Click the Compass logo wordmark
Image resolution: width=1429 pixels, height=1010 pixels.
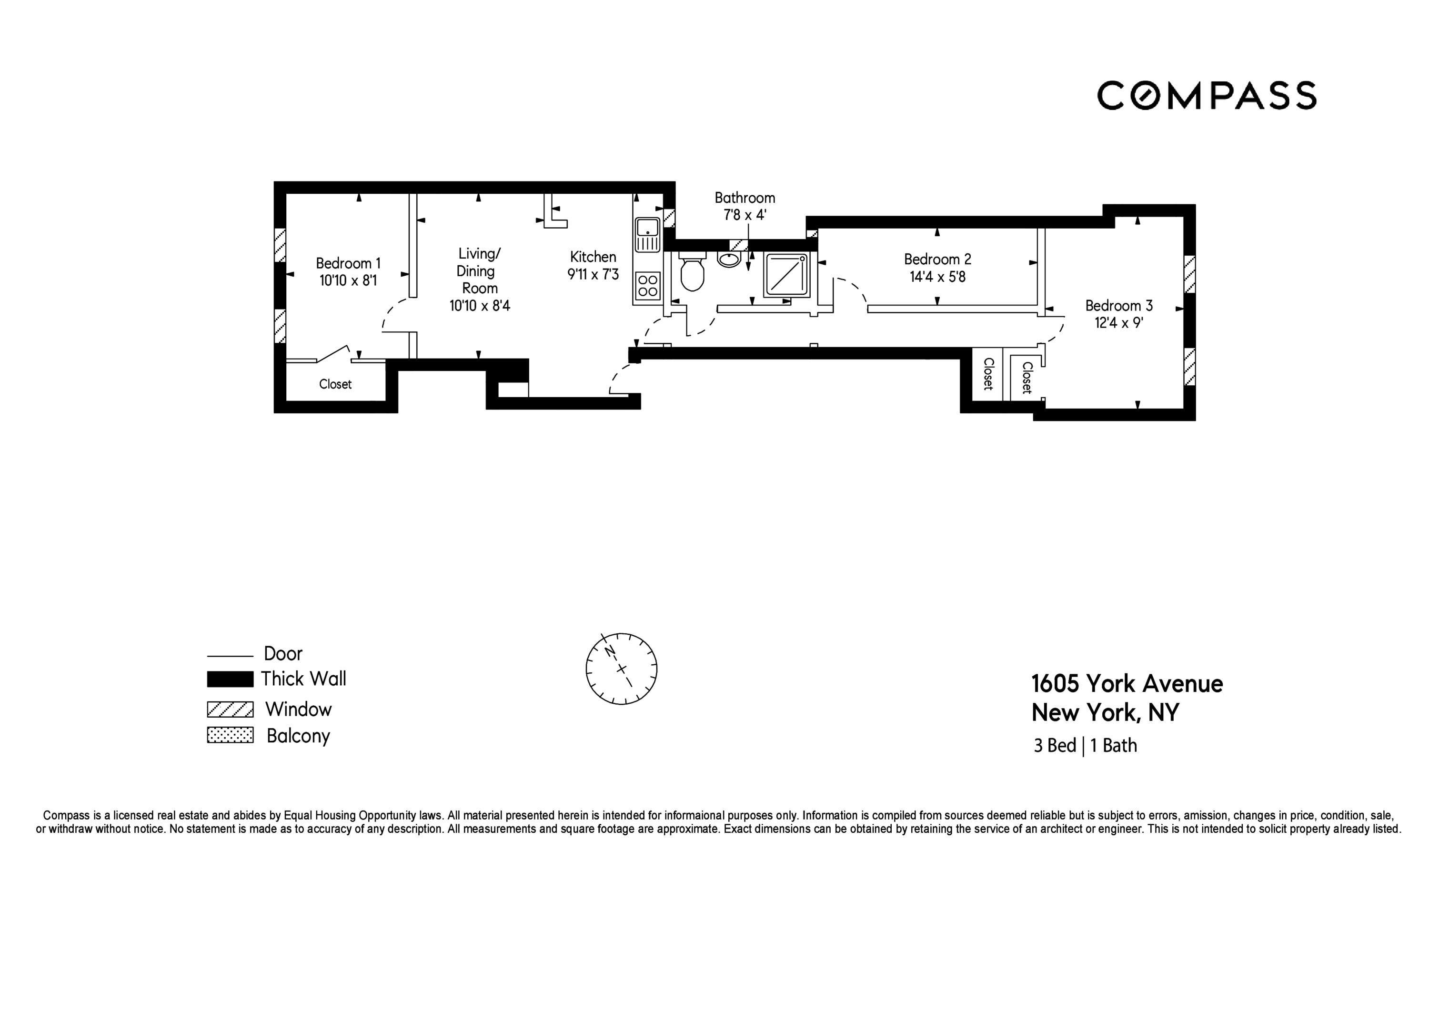[1206, 96]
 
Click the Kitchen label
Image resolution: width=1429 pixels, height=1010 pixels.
[593, 256]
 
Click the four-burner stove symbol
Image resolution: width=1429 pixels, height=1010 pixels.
[647, 286]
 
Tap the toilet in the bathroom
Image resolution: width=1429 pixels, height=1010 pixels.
[692, 273]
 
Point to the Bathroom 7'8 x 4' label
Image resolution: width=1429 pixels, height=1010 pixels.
[745, 206]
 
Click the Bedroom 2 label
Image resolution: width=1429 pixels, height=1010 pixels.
[937, 259]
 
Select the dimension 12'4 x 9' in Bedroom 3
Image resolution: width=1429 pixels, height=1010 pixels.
[1119, 323]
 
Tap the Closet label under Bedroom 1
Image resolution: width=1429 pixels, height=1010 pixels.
[335, 384]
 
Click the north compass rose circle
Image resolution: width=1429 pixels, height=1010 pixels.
[621, 669]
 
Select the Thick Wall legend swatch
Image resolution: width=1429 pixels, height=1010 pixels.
[230, 679]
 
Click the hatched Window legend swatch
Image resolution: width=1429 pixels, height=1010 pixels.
[230, 710]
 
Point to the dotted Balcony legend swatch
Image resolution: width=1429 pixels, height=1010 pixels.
[230, 736]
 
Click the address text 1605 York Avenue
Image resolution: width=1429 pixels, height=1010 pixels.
[1127, 684]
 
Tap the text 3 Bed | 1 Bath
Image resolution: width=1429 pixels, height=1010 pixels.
[1085, 746]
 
